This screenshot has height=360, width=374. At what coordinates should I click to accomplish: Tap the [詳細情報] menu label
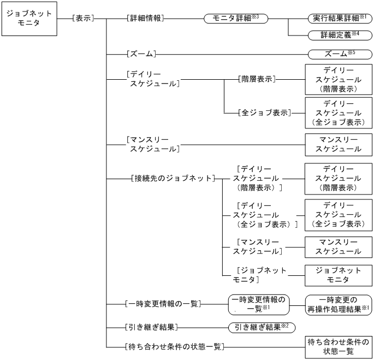(145, 19)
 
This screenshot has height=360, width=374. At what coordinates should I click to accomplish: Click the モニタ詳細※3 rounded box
(235, 19)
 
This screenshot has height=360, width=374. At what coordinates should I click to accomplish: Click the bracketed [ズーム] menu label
(141, 54)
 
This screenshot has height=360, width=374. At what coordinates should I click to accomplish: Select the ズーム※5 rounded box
(339, 54)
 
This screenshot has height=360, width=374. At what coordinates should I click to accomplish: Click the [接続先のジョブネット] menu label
(173, 178)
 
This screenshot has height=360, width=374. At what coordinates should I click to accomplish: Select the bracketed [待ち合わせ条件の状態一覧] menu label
(174, 346)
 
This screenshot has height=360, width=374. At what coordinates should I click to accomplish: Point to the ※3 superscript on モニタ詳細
(263, 16)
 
